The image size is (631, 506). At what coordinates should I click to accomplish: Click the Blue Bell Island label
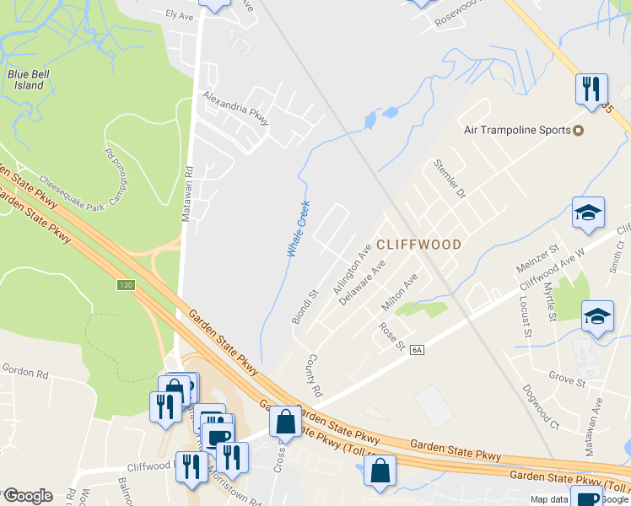point(25,79)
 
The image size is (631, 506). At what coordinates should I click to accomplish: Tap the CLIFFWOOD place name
point(418,245)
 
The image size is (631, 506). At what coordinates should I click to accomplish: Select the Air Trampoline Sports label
point(516,131)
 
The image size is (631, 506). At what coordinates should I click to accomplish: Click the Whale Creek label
point(298,229)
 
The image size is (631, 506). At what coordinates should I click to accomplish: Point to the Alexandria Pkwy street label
point(235,108)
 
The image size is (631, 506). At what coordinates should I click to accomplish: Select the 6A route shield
point(417,349)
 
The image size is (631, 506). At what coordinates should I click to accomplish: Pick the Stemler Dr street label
point(450,178)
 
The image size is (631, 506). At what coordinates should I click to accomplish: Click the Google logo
point(27,496)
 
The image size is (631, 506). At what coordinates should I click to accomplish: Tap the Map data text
point(550,499)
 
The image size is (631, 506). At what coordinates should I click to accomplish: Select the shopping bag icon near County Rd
point(285,420)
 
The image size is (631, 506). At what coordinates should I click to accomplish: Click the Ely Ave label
point(180,15)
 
